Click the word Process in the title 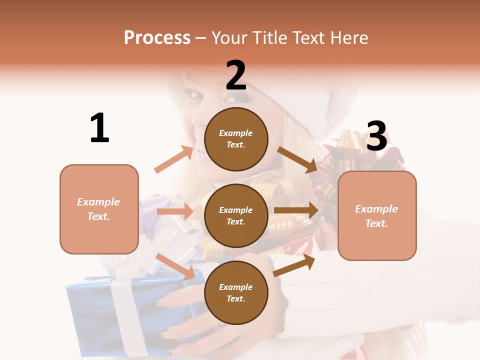(157, 38)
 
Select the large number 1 (99, 128)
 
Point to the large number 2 (236, 76)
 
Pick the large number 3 (376, 136)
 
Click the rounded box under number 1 (99, 209)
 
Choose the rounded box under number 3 (377, 216)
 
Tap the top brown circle (236, 139)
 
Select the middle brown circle (236, 216)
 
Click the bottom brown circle (236, 293)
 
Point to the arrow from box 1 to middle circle (175, 211)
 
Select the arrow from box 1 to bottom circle (175, 266)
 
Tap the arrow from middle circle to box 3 (296, 210)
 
